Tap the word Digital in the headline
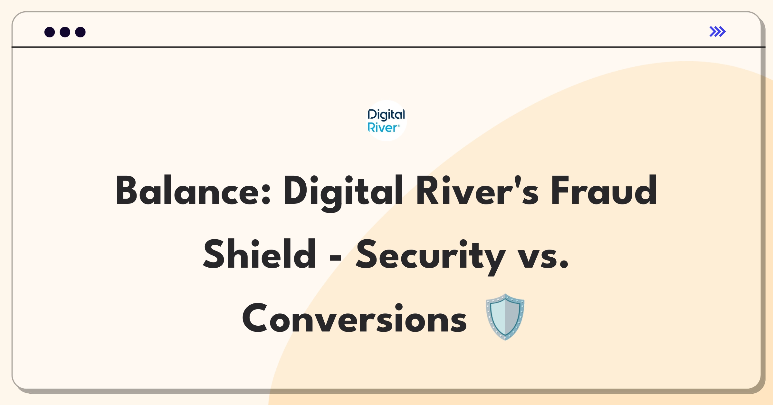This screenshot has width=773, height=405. click(343, 193)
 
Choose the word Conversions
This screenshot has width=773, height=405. click(354, 318)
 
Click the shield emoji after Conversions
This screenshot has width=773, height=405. click(505, 317)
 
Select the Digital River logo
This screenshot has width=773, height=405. click(386, 121)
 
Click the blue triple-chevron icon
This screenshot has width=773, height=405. click(718, 32)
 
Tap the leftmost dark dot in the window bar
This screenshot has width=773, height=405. click(50, 32)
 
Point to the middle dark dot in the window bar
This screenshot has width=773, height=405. click(65, 32)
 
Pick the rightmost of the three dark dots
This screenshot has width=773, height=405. click(81, 32)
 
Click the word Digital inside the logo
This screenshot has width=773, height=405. click(386, 115)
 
